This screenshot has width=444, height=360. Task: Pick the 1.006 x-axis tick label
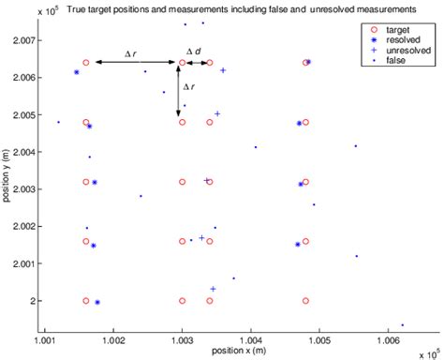tap(389, 330)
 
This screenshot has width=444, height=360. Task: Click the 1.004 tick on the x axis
tap(251, 330)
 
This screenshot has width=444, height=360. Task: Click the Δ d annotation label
tap(194, 51)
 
